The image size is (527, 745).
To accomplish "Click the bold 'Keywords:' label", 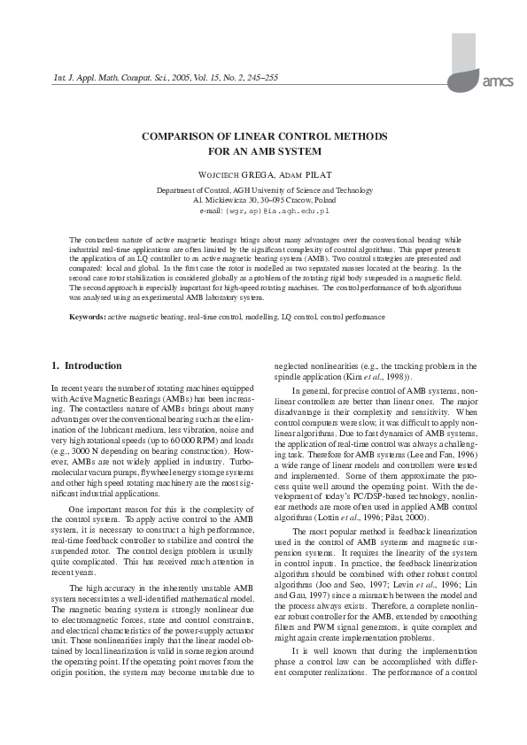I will (88, 316).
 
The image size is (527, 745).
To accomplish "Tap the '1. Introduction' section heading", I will (87, 365).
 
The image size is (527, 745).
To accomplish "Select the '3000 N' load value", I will (91, 451).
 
